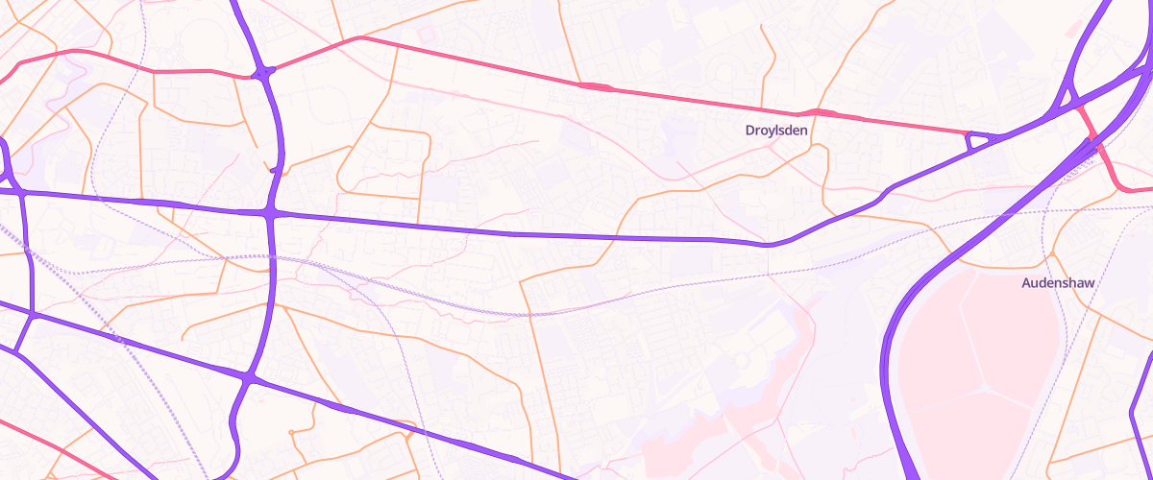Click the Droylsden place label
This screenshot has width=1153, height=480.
click(x=776, y=130)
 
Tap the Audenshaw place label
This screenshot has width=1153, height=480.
click(x=1058, y=284)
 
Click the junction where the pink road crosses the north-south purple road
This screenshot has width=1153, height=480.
click(x=263, y=72)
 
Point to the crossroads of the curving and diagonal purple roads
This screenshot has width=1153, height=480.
click(x=249, y=380)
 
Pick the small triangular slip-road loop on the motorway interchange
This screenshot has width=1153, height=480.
click(x=1066, y=97)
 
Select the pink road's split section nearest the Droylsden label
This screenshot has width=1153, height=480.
click(x=823, y=113)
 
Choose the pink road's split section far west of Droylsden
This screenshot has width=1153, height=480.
click(x=596, y=87)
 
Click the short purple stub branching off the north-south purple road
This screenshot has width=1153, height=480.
click(x=276, y=170)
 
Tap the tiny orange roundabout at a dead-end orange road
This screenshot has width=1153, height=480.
click(x=409, y=438)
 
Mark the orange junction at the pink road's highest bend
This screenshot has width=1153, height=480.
click(x=358, y=38)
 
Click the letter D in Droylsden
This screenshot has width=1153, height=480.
click(x=750, y=130)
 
